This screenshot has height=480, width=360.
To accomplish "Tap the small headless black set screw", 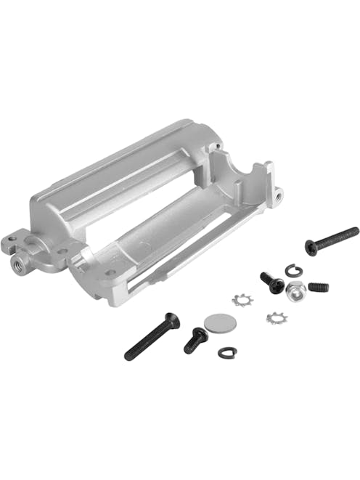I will coord(318,287).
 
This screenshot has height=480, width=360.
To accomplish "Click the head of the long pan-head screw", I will coord(311,248).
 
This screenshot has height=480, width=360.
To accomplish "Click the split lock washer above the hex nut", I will coord(294,271).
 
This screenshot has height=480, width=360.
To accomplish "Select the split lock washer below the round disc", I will coord(227,352).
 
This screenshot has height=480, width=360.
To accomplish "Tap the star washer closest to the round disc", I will coord(241,299).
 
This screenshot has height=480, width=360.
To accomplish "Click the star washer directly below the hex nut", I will coord(274,317).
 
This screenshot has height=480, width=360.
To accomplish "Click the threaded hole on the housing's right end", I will coord(277,194).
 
